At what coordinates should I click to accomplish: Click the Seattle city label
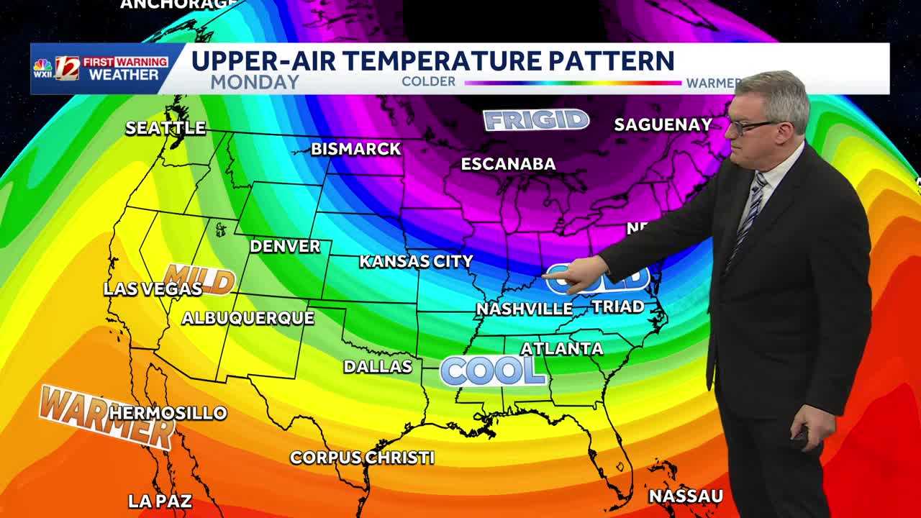click(165, 128)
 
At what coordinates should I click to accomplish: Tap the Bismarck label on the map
click(355, 149)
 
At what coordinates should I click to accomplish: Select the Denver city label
click(285, 246)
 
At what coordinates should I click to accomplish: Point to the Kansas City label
click(416, 261)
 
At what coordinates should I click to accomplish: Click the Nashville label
click(524, 309)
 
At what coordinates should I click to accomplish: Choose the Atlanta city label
click(561, 349)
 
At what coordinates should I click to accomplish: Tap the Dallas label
click(378, 366)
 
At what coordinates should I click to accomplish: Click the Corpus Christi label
click(362, 458)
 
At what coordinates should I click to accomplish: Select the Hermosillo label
click(168, 413)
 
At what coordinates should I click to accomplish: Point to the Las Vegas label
click(153, 289)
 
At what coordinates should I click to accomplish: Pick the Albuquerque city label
click(248, 318)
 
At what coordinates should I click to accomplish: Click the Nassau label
click(686, 496)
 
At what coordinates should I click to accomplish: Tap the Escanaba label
click(508, 164)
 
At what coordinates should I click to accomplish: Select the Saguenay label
click(663, 124)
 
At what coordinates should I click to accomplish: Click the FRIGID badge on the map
click(536, 119)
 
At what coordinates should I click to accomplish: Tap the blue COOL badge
click(493, 371)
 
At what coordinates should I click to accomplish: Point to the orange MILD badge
click(199, 280)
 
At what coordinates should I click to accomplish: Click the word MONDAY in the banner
click(255, 82)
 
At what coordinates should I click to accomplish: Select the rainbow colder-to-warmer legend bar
click(573, 83)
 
